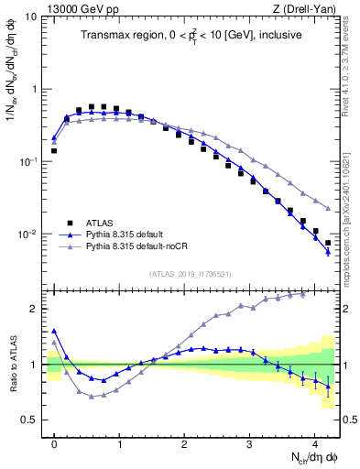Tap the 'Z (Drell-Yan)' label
coord(305,7)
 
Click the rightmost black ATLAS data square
coord(328,243)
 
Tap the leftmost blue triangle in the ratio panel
coord(54,331)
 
